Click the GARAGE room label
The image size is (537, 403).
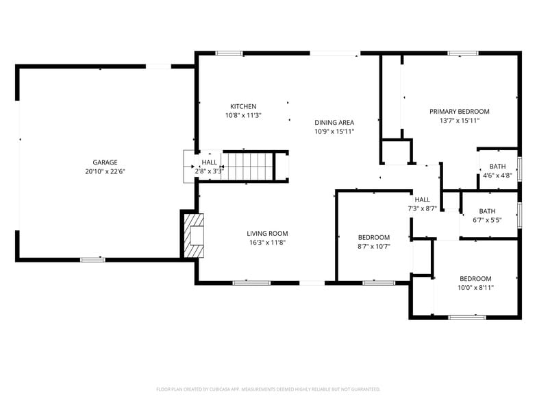pos(105,162)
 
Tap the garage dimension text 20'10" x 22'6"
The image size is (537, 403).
pos(105,171)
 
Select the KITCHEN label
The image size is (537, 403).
pos(243,106)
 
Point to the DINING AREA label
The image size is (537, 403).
pos(334,122)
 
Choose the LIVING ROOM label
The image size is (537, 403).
pos(267,233)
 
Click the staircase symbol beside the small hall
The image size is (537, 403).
pos(249,166)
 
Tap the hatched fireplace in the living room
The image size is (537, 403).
pos(194,234)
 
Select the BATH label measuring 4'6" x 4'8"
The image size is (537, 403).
pos(497,167)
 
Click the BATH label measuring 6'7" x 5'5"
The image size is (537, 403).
pos(487,211)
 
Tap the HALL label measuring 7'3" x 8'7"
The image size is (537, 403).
pos(422,199)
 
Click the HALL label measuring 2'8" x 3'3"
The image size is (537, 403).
pos(209,162)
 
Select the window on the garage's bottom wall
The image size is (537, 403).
pos(92,259)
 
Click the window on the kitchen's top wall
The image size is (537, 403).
pos(229,53)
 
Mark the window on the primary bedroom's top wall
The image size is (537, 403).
pos(463,53)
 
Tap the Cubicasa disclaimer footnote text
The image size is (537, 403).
pos(268,389)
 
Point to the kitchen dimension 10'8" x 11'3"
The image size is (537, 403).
pos(243,115)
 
